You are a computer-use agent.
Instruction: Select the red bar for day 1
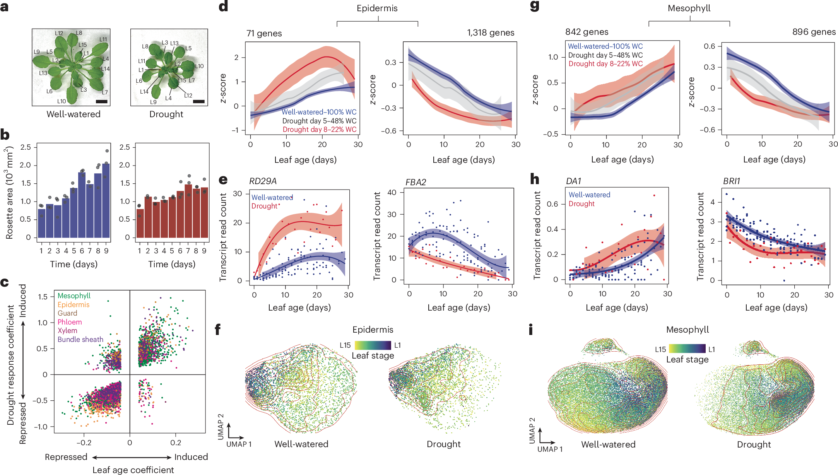tap(140, 224)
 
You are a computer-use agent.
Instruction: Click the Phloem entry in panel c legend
tap(70, 322)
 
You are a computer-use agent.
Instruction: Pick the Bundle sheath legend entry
tap(80, 339)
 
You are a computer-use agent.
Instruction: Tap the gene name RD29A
tap(263, 181)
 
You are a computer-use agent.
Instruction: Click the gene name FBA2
tap(416, 182)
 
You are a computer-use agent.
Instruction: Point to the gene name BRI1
tap(732, 181)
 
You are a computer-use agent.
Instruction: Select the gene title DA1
tap(573, 181)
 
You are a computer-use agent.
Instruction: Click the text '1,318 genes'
tap(491, 33)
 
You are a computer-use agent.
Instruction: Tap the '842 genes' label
tap(587, 32)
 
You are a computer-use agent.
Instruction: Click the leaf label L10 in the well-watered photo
tap(62, 101)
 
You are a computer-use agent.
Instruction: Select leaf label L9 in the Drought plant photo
tap(153, 102)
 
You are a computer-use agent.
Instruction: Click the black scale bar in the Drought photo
tap(198, 102)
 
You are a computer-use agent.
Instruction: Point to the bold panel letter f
tap(218, 330)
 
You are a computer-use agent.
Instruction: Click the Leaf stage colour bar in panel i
tap(687, 349)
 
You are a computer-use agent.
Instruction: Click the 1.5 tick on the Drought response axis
tap(43, 297)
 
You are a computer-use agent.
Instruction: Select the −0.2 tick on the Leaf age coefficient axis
tap(84, 443)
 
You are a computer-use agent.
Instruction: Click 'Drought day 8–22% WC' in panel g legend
tap(605, 64)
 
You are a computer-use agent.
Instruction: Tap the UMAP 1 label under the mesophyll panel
tap(550, 449)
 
